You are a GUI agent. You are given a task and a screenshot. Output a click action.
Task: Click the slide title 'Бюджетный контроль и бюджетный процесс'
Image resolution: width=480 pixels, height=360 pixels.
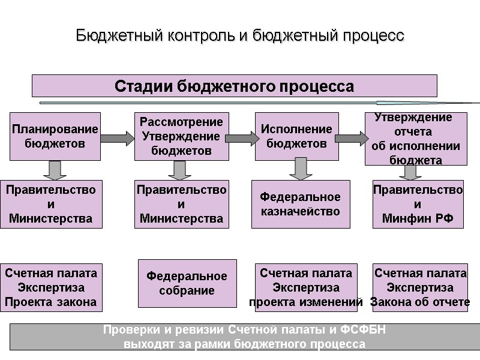tap(240, 35)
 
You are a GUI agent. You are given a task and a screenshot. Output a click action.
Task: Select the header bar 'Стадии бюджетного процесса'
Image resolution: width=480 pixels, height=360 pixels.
tap(234, 86)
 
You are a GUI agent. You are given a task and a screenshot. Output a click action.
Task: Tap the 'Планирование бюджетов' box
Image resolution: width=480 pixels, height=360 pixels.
tap(55, 136)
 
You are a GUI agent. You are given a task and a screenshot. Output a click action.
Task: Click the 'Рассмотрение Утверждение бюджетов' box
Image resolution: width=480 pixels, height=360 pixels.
tap(181, 136)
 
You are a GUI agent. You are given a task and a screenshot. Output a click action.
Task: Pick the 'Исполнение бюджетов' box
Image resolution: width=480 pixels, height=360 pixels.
tap(296, 136)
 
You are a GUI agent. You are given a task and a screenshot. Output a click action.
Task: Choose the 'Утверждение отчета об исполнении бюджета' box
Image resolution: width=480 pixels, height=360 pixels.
tap(416, 139)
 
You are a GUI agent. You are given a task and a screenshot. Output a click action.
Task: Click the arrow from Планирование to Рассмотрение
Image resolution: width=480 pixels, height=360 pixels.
tap(118, 139)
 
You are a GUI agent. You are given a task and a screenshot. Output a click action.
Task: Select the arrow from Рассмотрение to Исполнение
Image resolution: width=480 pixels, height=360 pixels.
tap(242, 139)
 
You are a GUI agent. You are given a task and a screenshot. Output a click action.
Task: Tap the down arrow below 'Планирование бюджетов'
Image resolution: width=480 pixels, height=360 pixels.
tap(55, 170)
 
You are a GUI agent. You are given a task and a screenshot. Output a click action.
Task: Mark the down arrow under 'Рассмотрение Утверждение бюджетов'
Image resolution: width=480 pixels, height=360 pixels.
tap(179, 170)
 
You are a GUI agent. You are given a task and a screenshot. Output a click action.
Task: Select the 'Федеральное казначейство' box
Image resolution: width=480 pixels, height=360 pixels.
tap(300, 204)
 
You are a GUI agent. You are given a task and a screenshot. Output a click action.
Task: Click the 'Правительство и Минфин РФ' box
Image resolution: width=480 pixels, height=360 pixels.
tap(418, 204)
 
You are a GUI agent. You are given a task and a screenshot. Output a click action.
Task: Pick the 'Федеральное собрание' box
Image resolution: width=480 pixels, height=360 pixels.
tap(187, 283)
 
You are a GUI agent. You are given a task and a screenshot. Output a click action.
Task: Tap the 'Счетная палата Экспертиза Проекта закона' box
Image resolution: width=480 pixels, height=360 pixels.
tap(51, 287)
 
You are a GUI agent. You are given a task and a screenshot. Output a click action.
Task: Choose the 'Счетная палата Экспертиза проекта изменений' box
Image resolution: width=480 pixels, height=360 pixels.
tap(306, 287)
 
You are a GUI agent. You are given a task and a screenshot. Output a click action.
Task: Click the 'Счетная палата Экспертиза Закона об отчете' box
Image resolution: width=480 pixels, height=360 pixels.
tap(420, 287)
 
